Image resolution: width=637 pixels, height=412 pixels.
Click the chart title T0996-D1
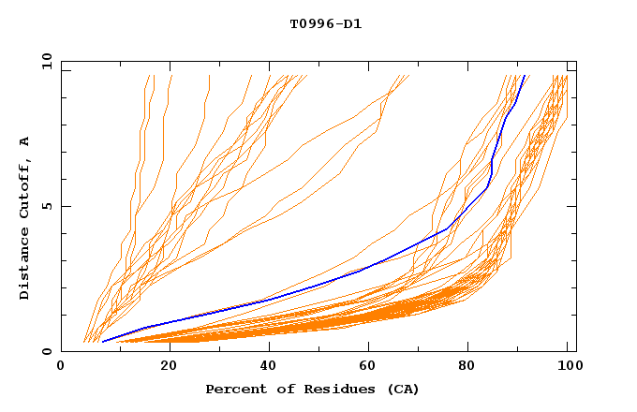325,23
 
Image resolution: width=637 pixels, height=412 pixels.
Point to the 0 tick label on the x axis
61,367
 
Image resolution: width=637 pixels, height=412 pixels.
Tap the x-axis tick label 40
270,367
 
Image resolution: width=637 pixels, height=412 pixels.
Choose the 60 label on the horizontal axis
372,367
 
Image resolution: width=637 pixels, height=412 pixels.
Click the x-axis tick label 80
474,367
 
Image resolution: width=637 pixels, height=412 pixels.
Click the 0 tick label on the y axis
46,352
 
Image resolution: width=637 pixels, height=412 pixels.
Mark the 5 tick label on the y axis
46,206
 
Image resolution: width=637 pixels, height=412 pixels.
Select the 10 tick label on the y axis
43,61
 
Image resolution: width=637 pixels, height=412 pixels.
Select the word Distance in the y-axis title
25,267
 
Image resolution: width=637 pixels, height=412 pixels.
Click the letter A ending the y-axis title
25,141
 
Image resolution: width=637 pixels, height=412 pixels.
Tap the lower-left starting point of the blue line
102,342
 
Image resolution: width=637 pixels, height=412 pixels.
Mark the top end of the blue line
526,76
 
